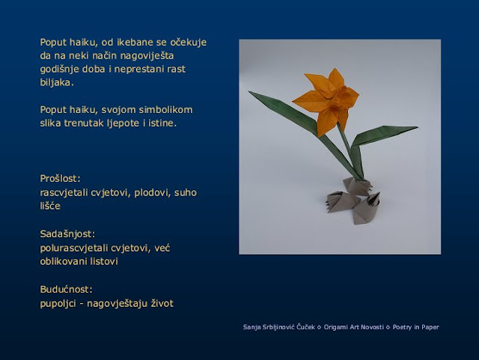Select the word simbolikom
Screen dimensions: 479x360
point(165,110)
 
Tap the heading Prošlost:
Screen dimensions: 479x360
point(60,178)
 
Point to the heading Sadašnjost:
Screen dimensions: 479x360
point(67,234)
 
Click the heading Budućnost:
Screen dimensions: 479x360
point(66,290)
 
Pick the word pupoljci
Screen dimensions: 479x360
point(58,304)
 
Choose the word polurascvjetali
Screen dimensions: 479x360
point(74,248)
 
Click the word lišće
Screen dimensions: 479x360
point(50,206)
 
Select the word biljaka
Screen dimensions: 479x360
point(57,82)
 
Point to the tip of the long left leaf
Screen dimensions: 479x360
point(248,91)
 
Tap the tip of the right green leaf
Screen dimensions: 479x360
point(418,127)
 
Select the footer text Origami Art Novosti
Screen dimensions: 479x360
point(354,327)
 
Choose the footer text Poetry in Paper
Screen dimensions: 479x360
point(416,327)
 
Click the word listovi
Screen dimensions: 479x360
point(104,262)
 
